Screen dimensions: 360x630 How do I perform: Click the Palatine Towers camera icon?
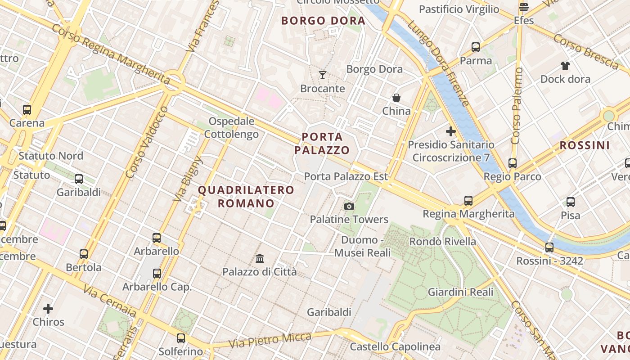point(349,207)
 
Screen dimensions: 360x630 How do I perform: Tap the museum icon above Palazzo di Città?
point(260,259)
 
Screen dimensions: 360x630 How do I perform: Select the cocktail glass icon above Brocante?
point(323,75)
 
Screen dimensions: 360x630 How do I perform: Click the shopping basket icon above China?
point(396,98)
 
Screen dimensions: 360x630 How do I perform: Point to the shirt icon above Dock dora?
point(565,66)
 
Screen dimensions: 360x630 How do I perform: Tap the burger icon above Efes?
point(523,7)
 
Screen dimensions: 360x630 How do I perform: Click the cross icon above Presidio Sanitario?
point(450,131)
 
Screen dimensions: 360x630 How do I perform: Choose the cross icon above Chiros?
point(48,309)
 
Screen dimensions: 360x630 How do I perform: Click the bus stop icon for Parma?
point(476,47)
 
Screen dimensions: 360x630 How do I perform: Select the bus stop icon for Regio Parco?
point(512,163)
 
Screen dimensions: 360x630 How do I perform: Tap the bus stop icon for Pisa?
point(571,202)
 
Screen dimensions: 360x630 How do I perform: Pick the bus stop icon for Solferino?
point(181,338)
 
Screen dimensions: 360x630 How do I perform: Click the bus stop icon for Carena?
point(27,109)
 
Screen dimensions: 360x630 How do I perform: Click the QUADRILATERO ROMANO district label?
point(246,197)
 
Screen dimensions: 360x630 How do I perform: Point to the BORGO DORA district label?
point(323,21)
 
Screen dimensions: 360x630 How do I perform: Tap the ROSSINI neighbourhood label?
point(585,145)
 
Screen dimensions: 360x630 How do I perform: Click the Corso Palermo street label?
point(517,106)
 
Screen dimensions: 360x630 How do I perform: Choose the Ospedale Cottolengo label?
point(231,128)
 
